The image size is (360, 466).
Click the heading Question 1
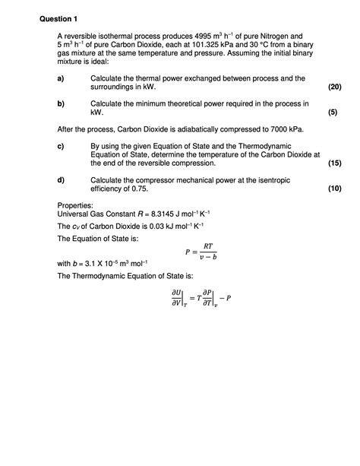tap(62, 18)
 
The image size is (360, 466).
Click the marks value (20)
tap(333, 87)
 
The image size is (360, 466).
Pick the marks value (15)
tap(333, 163)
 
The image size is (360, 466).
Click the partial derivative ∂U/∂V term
tap(176, 297)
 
